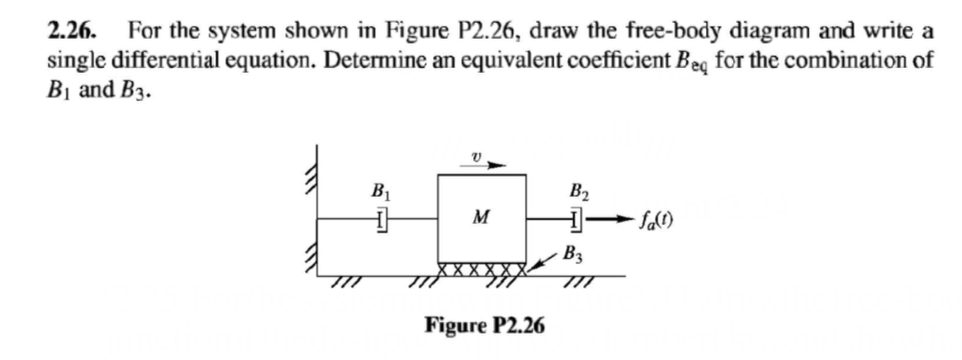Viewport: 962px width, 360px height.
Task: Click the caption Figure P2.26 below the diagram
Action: click(484, 327)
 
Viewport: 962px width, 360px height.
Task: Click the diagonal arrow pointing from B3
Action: click(542, 260)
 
